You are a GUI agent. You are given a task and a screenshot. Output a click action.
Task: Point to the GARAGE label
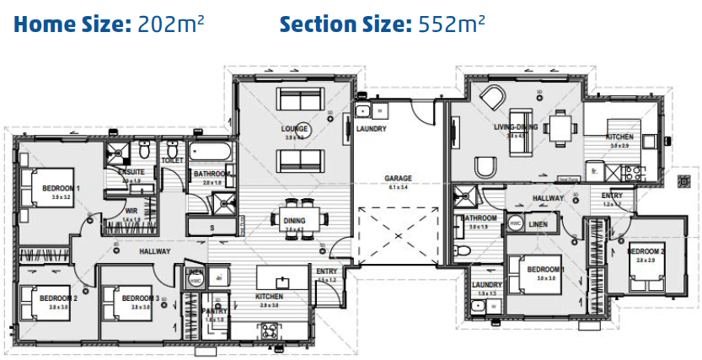398,179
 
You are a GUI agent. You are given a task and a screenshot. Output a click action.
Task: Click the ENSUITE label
131,172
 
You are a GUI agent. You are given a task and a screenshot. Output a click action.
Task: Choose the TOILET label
172,159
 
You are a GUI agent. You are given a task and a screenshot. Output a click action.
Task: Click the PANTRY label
216,311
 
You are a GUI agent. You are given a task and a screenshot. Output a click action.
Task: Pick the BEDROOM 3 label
140,298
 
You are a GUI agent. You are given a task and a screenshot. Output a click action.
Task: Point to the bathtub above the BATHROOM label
211,152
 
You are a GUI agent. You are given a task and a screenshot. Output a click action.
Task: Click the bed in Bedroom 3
118,301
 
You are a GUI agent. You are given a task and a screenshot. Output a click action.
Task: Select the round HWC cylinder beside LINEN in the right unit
516,223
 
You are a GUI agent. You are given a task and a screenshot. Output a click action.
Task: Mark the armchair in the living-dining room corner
490,98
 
